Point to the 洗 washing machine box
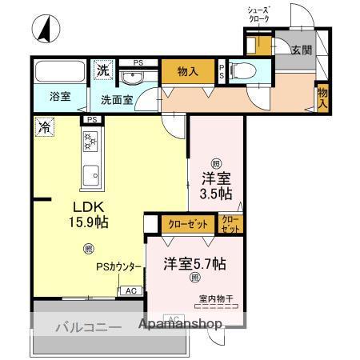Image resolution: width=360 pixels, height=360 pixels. click(102, 70)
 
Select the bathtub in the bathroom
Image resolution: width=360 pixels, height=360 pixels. click(61, 73)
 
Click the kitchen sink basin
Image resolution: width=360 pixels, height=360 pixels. click(90, 172)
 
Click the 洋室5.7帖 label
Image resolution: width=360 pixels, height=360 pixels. click(194, 263)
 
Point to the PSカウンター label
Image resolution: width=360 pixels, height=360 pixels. click(120, 267)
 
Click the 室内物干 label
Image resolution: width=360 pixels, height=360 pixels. click(215, 300)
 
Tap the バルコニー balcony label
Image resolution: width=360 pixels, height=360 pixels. click(88, 326)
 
